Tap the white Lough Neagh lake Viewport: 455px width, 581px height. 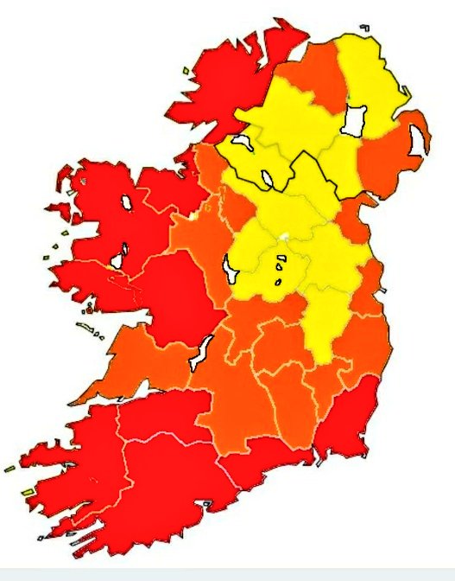[x=354, y=118]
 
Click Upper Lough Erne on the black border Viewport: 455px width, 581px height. [x=269, y=179]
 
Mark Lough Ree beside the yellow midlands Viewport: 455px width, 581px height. [x=231, y=269]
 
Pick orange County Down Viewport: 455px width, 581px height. [x=389, y=156]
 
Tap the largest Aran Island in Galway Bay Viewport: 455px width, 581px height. [x=85, y=327]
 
